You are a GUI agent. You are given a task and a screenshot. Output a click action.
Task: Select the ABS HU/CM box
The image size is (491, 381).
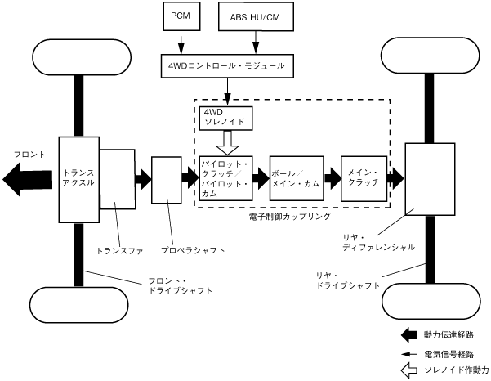click(256, 16)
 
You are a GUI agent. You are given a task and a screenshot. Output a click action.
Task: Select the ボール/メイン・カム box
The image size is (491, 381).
click(296, 178)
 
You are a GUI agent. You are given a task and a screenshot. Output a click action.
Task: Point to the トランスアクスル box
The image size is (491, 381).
click(78, 178)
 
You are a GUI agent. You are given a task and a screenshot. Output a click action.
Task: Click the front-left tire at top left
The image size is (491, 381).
click(79, 56)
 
